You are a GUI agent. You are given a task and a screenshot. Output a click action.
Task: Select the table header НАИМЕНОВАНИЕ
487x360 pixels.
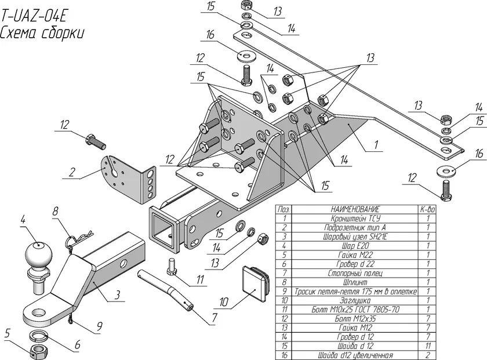355,209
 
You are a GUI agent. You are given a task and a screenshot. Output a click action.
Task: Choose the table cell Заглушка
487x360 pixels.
355,300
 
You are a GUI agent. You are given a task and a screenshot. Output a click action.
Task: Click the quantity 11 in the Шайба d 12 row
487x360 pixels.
427,346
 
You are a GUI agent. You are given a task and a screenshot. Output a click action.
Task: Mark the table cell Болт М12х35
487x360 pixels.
355,318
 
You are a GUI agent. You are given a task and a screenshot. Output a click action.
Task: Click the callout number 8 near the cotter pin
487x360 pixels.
55,212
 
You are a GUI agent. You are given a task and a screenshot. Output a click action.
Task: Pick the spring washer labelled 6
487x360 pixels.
39,335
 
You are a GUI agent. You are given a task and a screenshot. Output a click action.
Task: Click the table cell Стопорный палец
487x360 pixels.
355,272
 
